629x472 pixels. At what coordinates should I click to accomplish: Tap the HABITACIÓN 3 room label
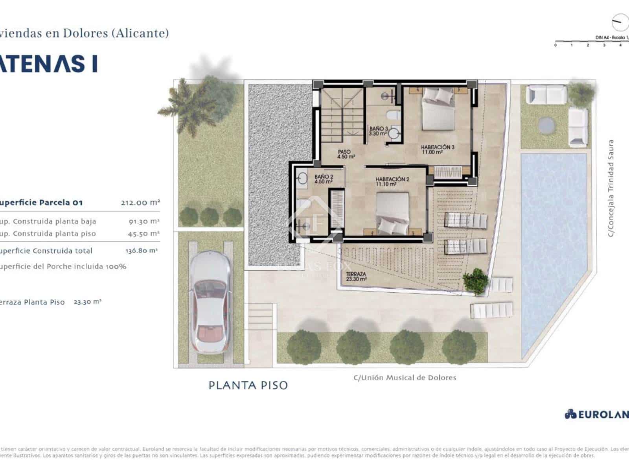coord(438,149)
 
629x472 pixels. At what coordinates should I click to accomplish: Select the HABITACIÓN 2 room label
coord(392,181)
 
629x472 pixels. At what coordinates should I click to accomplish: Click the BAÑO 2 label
coord(324,179)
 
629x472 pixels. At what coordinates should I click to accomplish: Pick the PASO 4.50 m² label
coord(346,154)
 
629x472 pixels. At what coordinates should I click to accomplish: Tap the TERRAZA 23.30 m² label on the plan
coord(356,276)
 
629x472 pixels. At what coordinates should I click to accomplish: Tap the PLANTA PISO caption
coord(248,385)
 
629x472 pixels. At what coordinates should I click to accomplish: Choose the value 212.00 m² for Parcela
coord(140,203)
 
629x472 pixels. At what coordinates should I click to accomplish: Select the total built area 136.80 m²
coord(141,251)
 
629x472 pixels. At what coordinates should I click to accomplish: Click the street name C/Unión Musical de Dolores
coord(405,378)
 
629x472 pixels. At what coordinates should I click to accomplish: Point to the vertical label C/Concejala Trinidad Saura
coord(611,188)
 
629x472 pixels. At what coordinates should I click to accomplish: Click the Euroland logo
coord(597,414)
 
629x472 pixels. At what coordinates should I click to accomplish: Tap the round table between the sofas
coord(547,125)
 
